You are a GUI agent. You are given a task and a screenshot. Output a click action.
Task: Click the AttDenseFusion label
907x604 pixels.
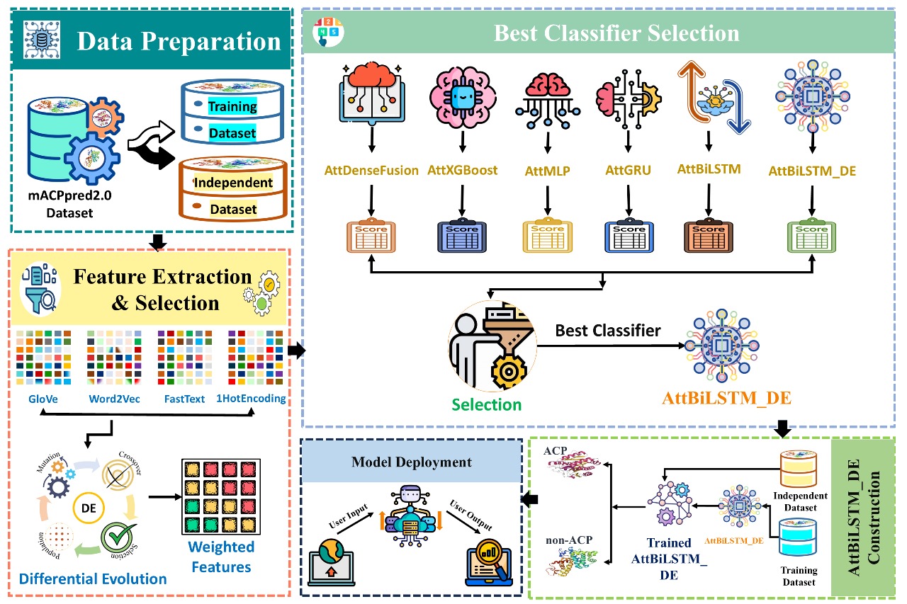372,171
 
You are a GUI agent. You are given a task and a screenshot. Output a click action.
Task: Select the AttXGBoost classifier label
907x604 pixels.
463,171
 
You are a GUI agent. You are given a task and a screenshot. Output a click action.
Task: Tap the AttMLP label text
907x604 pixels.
547,171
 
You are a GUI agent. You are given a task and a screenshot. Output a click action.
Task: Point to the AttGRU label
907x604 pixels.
628,171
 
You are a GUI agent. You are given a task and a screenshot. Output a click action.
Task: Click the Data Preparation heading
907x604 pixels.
179,41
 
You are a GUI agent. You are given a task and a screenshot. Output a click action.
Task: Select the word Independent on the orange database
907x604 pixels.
233,182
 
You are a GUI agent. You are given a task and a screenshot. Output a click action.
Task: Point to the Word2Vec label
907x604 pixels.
114,399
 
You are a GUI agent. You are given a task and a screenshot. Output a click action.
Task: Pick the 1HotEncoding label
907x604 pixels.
256,399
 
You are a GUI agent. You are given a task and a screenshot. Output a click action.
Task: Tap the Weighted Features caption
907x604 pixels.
220,557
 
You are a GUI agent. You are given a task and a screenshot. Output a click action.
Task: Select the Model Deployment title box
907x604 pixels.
412,462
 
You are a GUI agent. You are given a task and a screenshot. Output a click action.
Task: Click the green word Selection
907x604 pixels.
486,404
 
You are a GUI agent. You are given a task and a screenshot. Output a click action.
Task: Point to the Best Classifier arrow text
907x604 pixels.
607,330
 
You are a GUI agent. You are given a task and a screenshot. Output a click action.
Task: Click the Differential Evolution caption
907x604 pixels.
93,579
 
